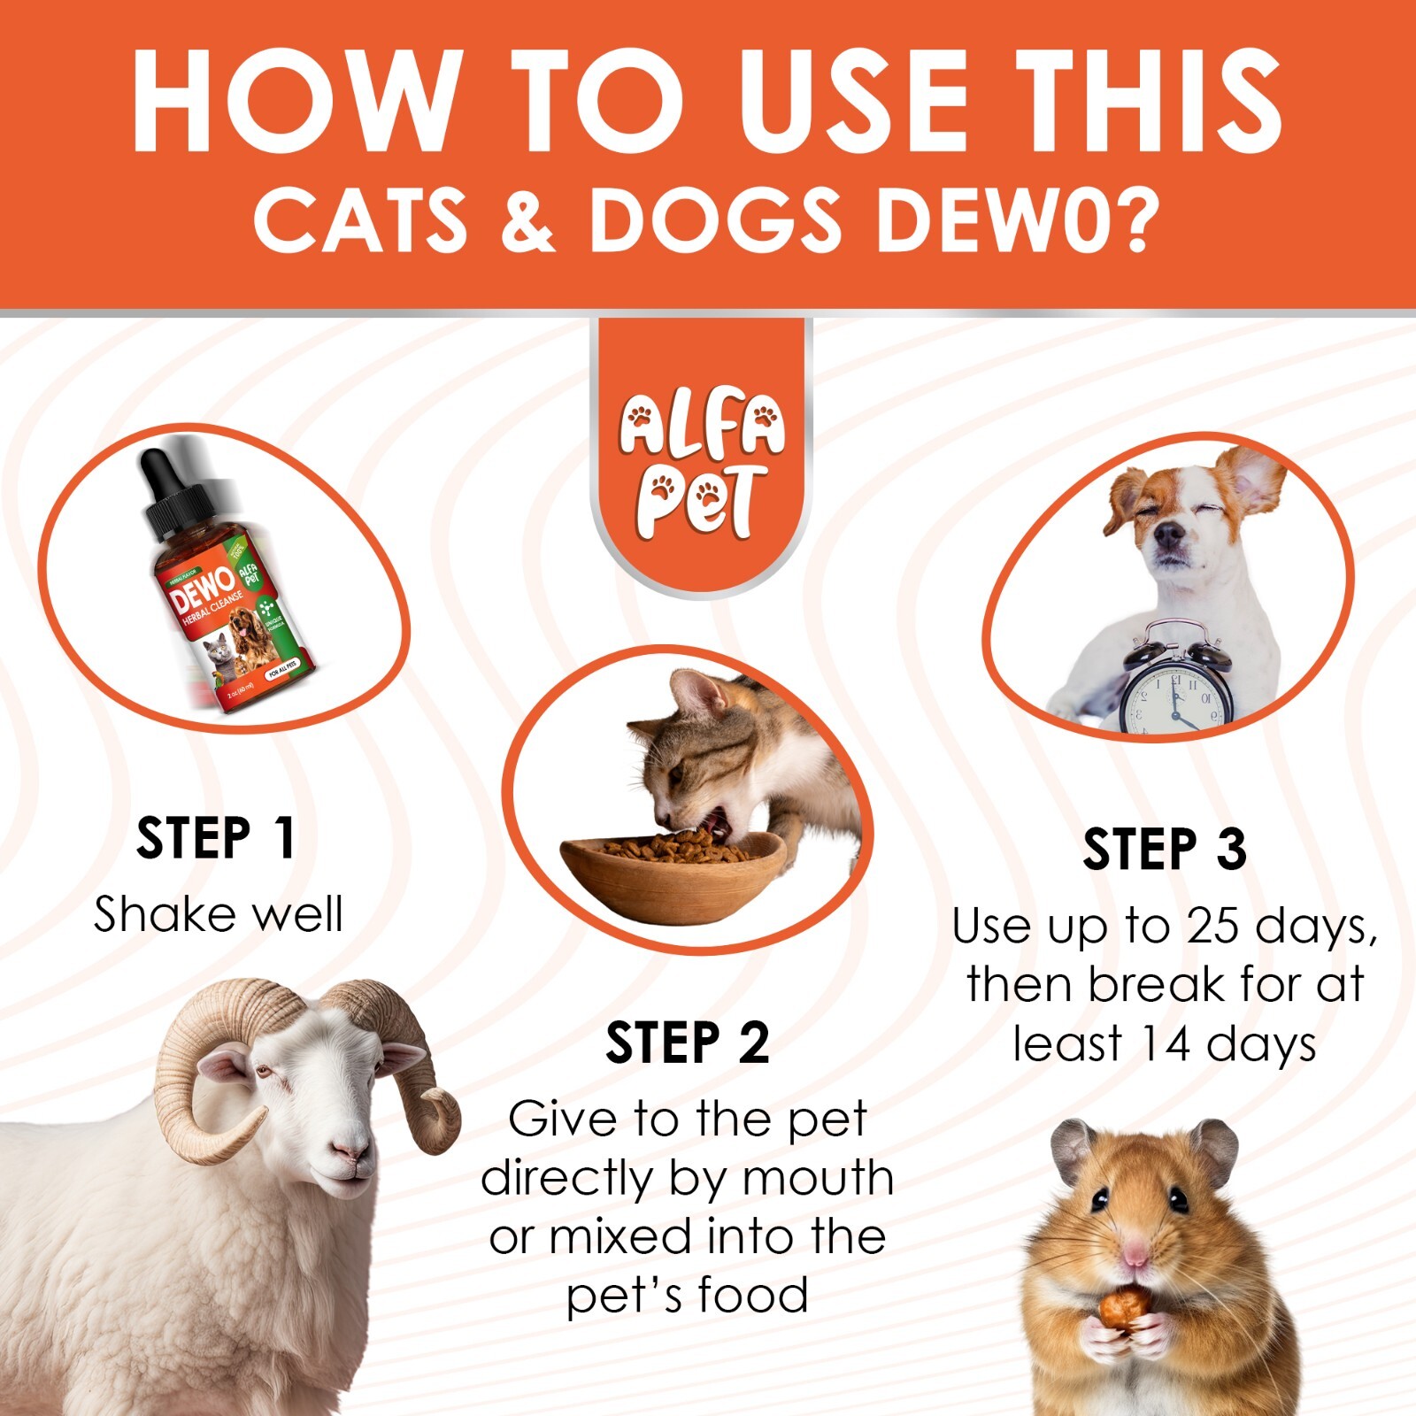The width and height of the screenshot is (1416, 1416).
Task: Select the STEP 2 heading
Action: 687,1043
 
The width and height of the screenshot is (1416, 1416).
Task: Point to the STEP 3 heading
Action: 1165,850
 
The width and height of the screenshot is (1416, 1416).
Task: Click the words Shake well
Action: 218,915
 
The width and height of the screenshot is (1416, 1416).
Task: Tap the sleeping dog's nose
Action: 1170,534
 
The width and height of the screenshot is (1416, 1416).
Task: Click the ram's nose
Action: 350,1150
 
